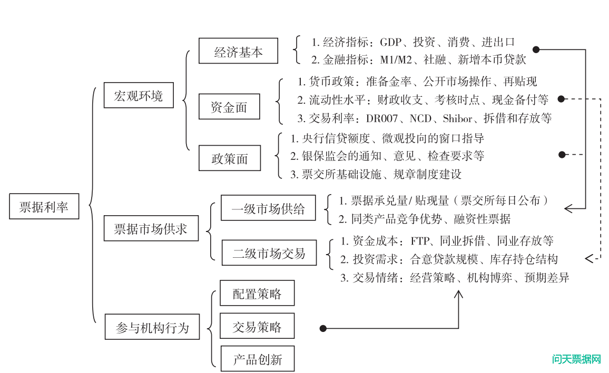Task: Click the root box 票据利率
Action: tap(44, 206)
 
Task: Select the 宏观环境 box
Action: tap(139, 95)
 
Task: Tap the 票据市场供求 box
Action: tap(151, 228)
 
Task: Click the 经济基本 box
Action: tap(238, 51)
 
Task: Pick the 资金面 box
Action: tap(229, 107)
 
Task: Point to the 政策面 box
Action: tap(229, 158)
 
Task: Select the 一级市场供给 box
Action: tap(268, 208)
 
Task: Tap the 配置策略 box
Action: tap(257, 293)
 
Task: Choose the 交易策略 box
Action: tap(257, 327)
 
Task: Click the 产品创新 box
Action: tap(257, 359)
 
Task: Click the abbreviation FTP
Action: tap(421, 241)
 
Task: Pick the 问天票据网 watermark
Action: tap(576, 360)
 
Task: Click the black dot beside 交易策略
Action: tap(323, 328)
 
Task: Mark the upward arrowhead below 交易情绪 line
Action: tap(458, 295)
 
